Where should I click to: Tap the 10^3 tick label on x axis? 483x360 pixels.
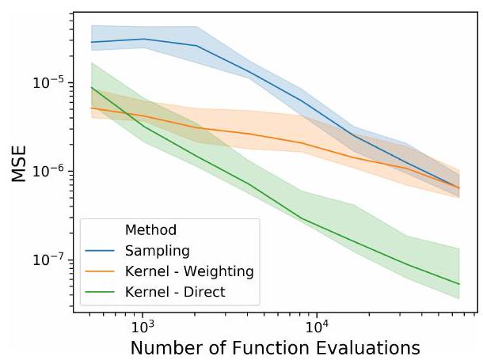142,326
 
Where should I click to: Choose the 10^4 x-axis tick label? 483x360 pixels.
317,326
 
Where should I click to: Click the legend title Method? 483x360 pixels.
150,230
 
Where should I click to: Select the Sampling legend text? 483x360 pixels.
157,251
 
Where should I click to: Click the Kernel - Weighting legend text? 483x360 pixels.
188,271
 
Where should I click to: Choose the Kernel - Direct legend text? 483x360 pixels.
175,292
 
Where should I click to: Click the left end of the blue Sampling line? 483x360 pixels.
91,42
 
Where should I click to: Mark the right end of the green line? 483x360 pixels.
459,284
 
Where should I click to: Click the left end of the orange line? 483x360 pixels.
91,108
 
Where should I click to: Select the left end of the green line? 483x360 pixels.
91,87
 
